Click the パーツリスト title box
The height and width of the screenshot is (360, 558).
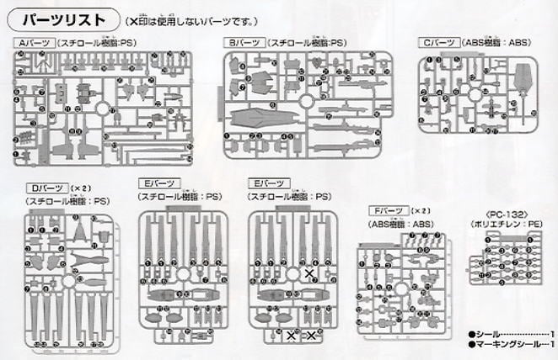64,18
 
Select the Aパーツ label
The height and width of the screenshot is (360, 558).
34,42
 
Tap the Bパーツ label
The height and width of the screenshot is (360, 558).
242,42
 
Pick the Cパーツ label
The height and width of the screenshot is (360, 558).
440,42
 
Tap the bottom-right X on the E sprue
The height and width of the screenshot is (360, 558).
314,336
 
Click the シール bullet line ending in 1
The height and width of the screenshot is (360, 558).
506,333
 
